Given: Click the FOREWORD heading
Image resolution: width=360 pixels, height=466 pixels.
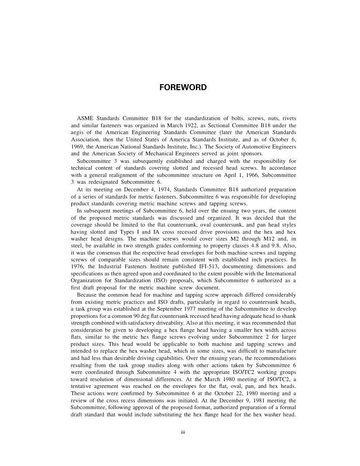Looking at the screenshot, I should [183, 88].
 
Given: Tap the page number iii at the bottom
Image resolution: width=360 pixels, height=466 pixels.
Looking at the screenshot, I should [183, 433].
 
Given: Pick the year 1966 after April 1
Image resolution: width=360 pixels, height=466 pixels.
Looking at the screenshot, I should [246, 175].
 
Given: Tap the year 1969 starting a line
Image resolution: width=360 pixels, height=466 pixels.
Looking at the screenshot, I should [78, 147].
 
